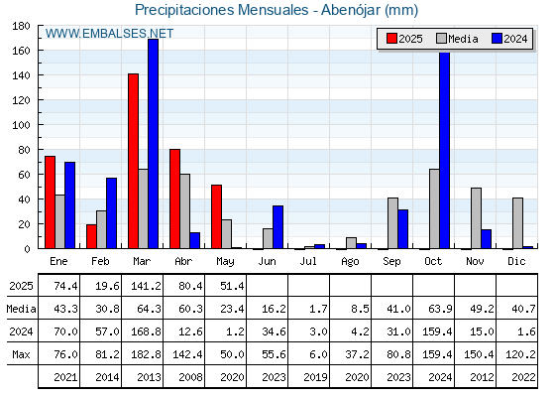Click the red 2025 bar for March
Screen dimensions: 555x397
(x=133, y=161)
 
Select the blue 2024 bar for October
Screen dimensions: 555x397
(x=445, y=150)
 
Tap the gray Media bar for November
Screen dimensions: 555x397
(x=476, y=218)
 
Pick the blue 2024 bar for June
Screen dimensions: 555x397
(x=277, y=227)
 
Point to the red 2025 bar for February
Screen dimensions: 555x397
(x=91, y=236)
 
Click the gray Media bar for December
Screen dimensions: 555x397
(x=517, y=223)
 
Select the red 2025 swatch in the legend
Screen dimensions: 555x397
(x=391, y=39)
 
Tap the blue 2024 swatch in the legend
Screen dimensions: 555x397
(x=497, y=39)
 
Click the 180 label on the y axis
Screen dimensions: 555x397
(x=21, y=26)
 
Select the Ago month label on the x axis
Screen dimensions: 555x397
(x=350, y=262)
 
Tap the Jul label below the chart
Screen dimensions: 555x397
(x=308, y=261)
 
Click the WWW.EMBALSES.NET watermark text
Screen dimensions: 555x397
(x=109, y=34)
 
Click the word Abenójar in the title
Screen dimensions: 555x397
(x=351, y=10)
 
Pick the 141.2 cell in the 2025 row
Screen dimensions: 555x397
(x=147, y=286)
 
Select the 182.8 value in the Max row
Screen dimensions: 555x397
(x=147, y=354)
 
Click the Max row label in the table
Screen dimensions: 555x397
(x=21, y=354)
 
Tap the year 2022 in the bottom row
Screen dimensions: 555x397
(x=523, y=377)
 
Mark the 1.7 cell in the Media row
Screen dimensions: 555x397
(x=318, y=309)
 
